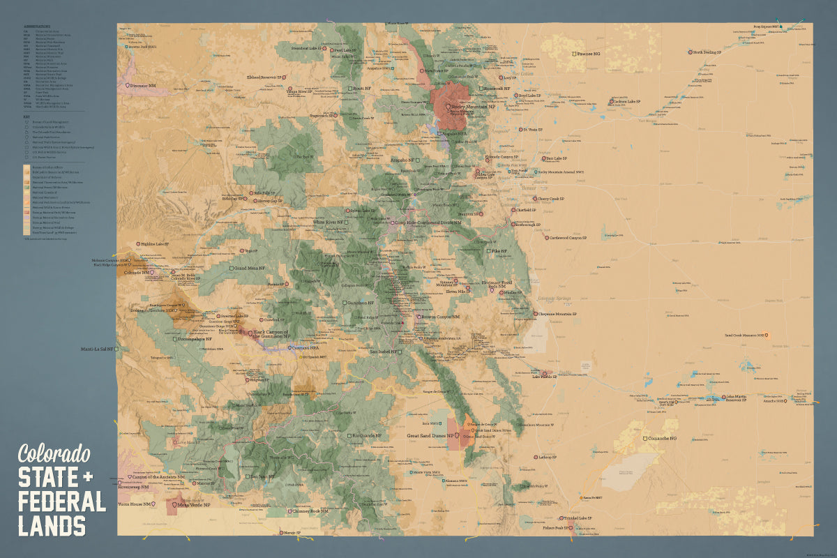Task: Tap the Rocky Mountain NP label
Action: click(472, 107)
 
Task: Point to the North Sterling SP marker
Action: click(690, 52)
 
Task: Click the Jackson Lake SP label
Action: click(627, 101)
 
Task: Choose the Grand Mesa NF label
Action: click(251, 268)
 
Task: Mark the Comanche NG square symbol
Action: click(645, 439)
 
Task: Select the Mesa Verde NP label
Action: click(193, 504)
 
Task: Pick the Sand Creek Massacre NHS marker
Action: click(768, 335)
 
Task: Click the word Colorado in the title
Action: click(54, 454)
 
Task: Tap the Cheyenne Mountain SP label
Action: click(559, 314)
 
